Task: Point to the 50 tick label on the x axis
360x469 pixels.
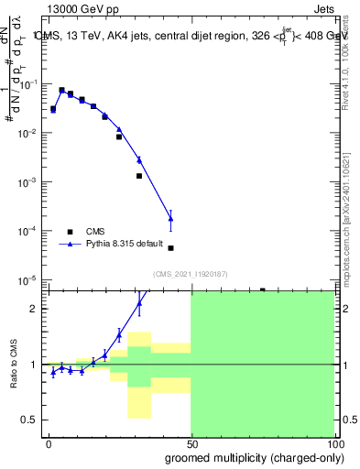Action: pyautogui.click(x=191, y=442)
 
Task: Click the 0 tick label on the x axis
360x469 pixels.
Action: pyautogui.click(x=49, y=442)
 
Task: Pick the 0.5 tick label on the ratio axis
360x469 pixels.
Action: pyautogui.click(x=29, y=420)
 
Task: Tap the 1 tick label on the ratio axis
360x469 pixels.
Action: pyautogui.click(x=34, y=365)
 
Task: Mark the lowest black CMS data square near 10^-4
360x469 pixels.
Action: pyautogui.click(x=171, y=248)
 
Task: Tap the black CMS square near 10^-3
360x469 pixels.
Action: pyautogui.click(x=139, y=176)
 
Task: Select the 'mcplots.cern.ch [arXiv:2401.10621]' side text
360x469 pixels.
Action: pyautogui.click(x=348, y=215)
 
